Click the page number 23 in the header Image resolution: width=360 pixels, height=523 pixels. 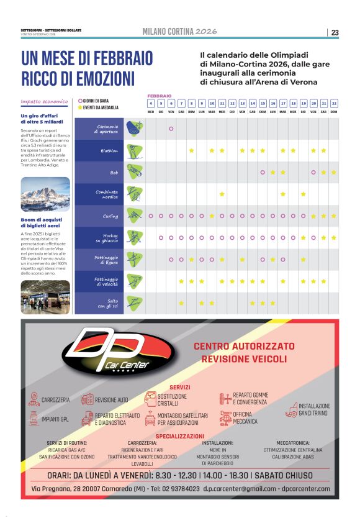[x=335, y=32]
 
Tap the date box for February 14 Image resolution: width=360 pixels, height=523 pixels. [x=253, y=104]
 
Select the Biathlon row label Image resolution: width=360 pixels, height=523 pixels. [x=109, y=151]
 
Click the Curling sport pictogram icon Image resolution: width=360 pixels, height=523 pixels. [x=133, y=216]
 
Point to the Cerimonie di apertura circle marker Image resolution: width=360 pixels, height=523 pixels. [x=171, y=129]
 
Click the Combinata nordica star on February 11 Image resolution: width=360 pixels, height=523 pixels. [x=222, y=194]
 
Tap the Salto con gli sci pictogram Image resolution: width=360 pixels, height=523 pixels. [x=133, y=303]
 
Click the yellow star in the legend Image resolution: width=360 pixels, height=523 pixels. [x=79, y=107]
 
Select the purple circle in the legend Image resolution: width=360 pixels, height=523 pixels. [x=79, y=100]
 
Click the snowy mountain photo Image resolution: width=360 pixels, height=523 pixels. [x=45, y=194]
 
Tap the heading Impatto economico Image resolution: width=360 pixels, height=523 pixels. [x=44, y=101]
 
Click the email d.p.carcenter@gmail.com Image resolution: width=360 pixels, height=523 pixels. [x=240, y=489]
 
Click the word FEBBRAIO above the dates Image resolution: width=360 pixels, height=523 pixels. [x=159, y=96]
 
